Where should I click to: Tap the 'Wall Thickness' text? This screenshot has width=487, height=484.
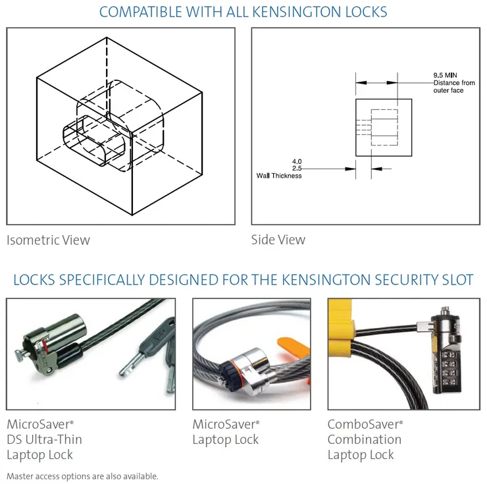[x=279, y=176]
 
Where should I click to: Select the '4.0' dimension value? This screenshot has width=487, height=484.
[x=297, y=161]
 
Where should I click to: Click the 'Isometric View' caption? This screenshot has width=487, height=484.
[x=48, y=240]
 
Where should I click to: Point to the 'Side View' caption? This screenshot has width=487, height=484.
[x=278, y=240]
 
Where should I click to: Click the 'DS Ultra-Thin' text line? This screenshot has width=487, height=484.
[x=44, y=439]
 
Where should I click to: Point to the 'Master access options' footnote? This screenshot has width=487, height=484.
[x=82, y=475]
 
